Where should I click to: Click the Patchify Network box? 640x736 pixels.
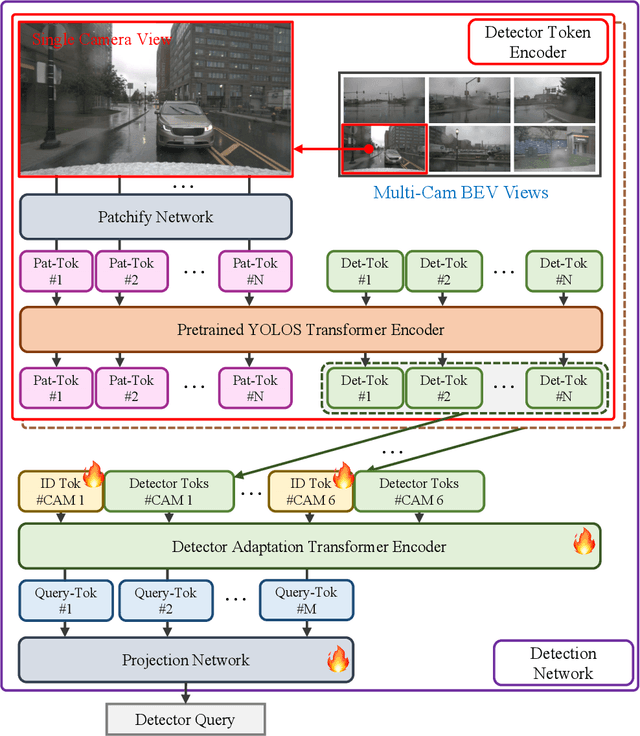[155, 216]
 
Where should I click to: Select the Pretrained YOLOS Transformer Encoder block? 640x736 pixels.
[311, 328]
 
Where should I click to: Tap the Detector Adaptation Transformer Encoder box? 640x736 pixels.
[309, 546]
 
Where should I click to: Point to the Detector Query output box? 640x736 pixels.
[186, 719]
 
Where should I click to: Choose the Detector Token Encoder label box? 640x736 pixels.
[538, 42]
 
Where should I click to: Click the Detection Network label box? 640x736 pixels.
[563, 663]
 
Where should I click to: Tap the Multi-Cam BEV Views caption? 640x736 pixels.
[461, 192]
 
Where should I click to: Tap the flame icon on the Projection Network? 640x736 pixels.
[338, 658]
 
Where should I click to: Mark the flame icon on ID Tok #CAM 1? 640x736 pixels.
[92, 473]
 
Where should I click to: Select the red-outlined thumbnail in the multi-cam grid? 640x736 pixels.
[383, 147]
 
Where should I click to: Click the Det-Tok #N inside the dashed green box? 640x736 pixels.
[566, 388]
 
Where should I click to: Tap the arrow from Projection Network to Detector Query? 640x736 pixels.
[185, 692]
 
